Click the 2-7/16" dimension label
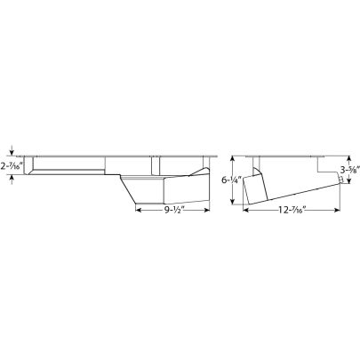(x=14, y=165)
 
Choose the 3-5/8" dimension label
(x=348, y=172)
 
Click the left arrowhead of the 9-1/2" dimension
(x=137, y=212)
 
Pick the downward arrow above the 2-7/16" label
(x=12, y=152)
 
